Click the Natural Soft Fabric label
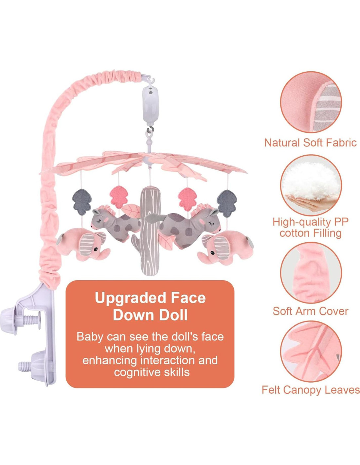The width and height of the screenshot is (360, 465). pyautogui.click(x=310, y=143)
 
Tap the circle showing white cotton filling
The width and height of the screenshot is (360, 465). pyautogui.click(x=311, y=185)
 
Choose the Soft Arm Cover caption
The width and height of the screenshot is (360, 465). pyautogui.click(x=310, y=311)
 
